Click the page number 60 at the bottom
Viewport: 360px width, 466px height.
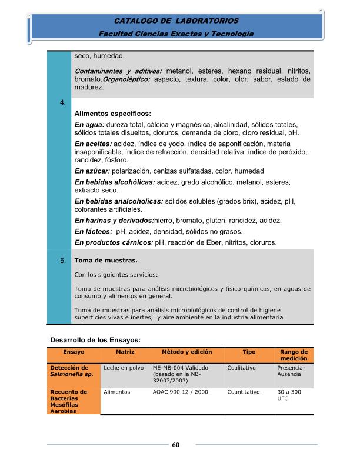175,444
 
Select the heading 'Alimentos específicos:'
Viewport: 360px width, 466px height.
113,113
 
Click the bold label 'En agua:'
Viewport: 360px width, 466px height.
89,124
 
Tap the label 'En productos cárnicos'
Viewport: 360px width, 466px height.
113,242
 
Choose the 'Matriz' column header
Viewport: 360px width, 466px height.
125,352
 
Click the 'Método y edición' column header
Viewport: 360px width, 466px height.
185,352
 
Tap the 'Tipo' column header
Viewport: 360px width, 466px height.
249,352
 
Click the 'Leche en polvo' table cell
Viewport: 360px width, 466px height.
124,368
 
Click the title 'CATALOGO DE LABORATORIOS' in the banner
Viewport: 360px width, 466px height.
176,21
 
